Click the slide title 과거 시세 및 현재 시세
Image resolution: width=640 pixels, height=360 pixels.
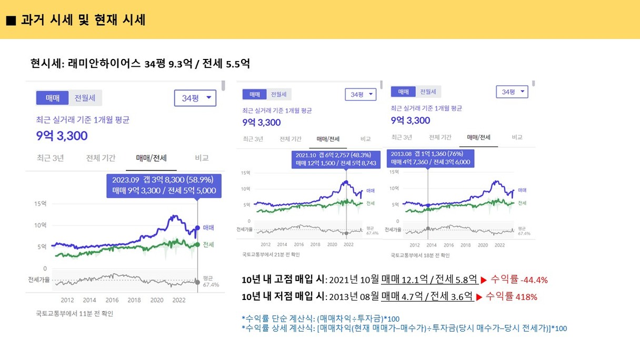coord(83,20)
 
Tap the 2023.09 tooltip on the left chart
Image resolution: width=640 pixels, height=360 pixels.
coord(164,185)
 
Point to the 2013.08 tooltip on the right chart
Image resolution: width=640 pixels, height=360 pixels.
coord(431,158)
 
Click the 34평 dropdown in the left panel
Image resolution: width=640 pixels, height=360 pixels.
coord(195,98)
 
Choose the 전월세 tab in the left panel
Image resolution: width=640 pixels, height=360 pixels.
coord(85,98)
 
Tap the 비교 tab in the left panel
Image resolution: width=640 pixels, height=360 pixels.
coord(202,158)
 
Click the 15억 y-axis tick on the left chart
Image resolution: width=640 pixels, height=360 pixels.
coord(41,204)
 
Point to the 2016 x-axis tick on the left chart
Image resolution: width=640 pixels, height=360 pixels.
coord(112,300)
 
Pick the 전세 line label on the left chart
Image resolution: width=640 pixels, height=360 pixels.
coord(208,244)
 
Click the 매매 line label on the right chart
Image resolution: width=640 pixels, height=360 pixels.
coord(523,190)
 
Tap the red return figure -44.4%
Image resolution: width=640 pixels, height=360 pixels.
coord(534,279)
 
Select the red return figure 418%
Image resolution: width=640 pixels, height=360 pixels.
coord(527,297)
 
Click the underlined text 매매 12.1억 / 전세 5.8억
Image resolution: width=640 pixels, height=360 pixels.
coord(429,279)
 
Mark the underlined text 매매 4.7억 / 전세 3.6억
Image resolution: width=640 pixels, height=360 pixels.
coord(427,296)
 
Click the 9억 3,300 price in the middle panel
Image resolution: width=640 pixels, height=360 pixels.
coord(262,123)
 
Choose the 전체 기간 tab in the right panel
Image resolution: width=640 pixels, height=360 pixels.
coord(440,137)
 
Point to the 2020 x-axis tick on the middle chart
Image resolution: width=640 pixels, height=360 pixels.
coord(332,245)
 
